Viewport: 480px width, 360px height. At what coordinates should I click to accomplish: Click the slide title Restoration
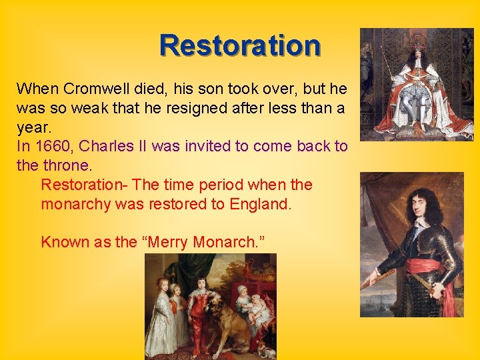point(240,45)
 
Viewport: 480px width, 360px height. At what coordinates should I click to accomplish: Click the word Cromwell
point(93,89)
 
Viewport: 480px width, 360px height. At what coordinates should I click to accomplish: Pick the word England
point(260,204)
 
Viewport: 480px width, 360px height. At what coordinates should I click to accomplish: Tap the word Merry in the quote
point(169,242)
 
